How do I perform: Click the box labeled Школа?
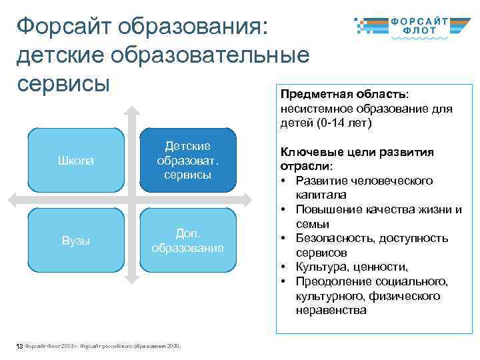tap(76, 161)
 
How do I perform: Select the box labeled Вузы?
tap(76, 241)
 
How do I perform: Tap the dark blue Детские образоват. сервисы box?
tap(187, 161)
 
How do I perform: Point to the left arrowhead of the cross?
tap(15, 198)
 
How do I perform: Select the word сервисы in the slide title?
tap(63, 85)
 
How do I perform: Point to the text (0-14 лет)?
tap(343, 123)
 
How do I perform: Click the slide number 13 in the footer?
tap(19, 346)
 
